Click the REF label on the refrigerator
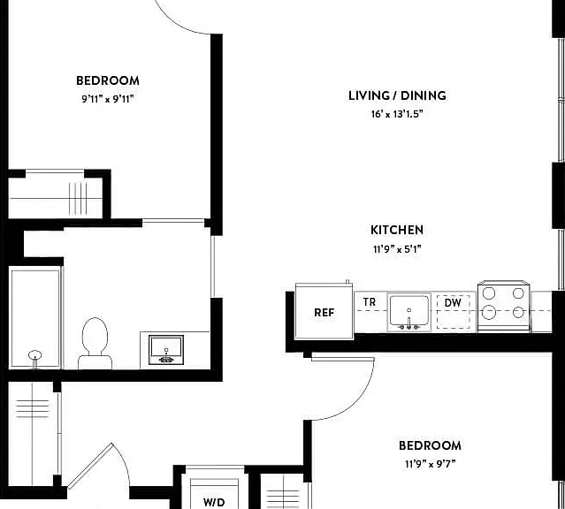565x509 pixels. coord(324,313)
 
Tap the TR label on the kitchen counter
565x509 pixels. coord(370,302)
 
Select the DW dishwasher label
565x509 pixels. coord(453,302)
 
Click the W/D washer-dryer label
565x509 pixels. coord(214,502)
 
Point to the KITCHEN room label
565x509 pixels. coord(397,230)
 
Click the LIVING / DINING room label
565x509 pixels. coord(397,95)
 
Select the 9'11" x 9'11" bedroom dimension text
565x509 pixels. coord(107,99)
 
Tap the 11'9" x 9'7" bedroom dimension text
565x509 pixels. coord(430,464)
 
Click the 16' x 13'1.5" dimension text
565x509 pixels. coord(397,114)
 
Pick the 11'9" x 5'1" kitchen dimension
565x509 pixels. coord(397,249)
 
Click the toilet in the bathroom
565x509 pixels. coord(95,343)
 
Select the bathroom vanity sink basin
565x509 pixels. coord(166,350)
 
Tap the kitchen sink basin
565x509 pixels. coord(409,312)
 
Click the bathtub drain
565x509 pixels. coord(35,355)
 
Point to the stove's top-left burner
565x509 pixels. coord(489,293)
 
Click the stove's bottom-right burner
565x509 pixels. coord(518,312)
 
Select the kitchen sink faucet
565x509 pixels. coord(409,323)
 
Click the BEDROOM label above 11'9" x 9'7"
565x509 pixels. coord(430,445)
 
